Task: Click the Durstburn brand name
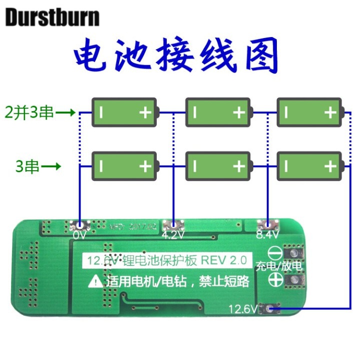pos(53,18)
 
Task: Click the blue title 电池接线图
pos(176,56)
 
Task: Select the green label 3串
pos(28,166)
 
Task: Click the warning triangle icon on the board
pos(94,282)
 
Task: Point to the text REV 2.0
pos(224,260)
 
